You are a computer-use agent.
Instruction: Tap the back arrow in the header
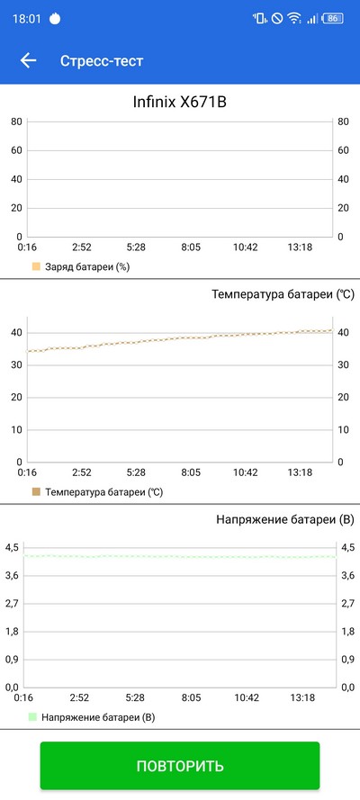[28, 60]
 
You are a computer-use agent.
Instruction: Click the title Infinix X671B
[179, 102]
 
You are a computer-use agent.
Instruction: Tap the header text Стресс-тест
[102, 60]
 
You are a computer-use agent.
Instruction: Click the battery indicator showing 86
[332, 18]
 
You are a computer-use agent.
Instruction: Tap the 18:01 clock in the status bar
[26, 19]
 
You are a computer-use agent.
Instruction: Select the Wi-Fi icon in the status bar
[293, 18]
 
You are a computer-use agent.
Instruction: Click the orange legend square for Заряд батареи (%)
[36, 266]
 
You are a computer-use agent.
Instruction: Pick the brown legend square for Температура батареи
[36, 492]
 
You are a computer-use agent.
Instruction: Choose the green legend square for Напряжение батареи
[32, 717]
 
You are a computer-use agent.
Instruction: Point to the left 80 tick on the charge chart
[16, 121]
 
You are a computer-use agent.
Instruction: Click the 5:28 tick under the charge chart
[136, 247]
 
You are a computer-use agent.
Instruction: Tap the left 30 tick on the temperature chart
[17, 364]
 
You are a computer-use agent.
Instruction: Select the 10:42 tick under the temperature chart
[246, 473]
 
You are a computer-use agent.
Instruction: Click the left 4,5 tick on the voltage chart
[11, 547]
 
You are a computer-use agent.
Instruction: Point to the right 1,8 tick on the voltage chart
[348, 632]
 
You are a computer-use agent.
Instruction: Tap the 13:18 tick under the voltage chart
[302, 697]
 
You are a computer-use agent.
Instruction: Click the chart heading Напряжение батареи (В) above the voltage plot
[285, 520]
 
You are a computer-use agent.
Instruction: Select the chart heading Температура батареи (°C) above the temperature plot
[283, 294]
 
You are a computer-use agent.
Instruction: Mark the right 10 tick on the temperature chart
[343, 429]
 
